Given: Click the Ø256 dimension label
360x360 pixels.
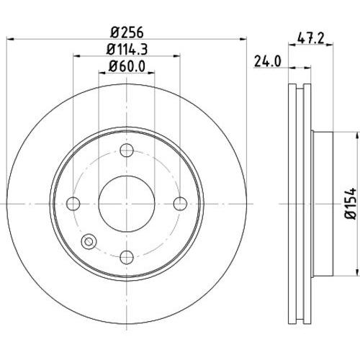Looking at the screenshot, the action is tap(127, 32).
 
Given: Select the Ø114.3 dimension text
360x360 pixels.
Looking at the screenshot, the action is tap(127, 49).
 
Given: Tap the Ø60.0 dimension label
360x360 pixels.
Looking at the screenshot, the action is tap(127, 66).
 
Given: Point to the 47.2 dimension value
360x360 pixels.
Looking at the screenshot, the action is tap(311, 38).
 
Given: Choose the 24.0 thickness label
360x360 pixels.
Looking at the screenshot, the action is tap(267, 61).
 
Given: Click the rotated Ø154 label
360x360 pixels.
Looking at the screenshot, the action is tap(351, 204).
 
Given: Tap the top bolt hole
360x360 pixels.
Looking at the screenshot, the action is tap(127, 150).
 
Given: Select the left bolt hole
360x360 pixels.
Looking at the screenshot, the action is tap(73, 204).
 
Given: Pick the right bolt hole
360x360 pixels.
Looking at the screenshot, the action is tap(180, 204).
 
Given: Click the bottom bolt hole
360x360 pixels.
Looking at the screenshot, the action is tap(127, 257).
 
